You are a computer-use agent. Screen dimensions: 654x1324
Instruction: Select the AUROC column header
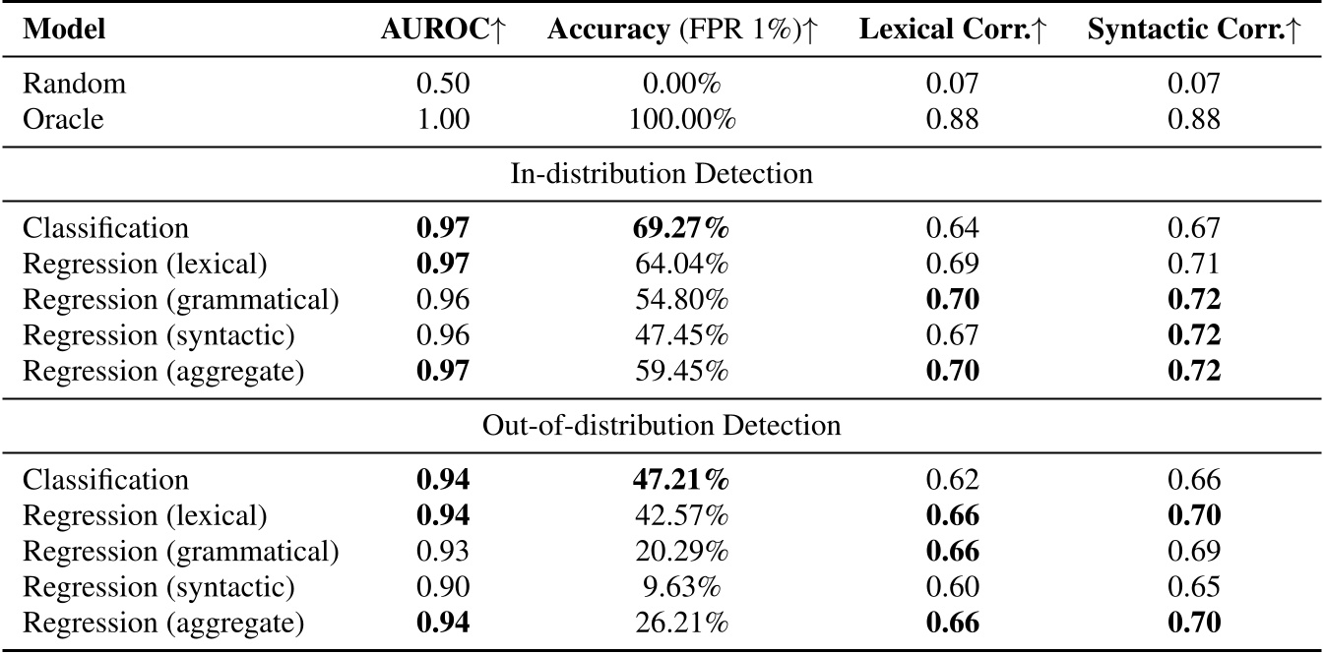pyautogui.click(x=442, y=30)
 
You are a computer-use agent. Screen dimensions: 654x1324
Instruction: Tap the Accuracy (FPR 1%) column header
pyautogui.click(x=682, y=30)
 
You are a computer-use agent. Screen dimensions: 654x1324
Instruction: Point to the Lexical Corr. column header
pyautogui.click(x=952, y=30)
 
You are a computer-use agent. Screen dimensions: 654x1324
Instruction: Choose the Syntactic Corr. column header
pyautogui.click(x=1194, y=30)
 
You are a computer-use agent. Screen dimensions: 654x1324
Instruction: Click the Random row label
pyautogui.click(x=74, y=85)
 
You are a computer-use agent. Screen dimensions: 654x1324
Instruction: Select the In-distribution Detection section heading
pyautogui.click(x=662, y=174)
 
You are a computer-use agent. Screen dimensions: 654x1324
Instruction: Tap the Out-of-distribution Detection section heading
pyautogui.click(x=662, y=427)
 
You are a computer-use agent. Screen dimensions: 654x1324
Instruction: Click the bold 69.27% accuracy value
pyautogui.click(x=682, y=228)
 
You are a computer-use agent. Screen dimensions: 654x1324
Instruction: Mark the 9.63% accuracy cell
pyautogui.click(x=682, y=588)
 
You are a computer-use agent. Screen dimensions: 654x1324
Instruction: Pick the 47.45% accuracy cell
pyautogui.click(x=682, y=336)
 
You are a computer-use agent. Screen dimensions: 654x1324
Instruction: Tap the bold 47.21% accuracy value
pyautogui.click(x=682, y=480)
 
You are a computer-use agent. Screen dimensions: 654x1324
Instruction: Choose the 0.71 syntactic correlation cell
pyautogui.click(x=1194, y=265)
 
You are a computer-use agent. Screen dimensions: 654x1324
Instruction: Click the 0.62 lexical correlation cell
pyautogui.click(x=952, y=480)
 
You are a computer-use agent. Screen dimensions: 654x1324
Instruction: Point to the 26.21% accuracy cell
pyautogui.click(x=682, y=624)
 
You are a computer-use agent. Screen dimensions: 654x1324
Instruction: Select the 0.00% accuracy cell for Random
pyautogui.click(x=682, y=85)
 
